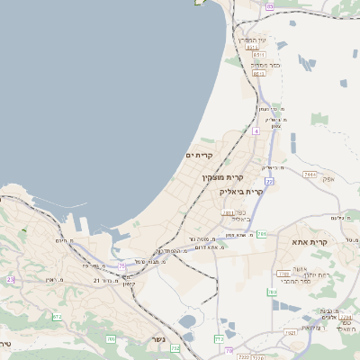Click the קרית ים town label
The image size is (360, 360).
pyautogui.click(x=197, y=156)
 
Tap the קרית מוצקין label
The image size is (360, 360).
pyautogui.click(x=222, y=178)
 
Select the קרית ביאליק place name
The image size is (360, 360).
pyautogui.click(x=242, y=191)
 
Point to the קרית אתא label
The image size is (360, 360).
pyautogui.click(x=335, y=242)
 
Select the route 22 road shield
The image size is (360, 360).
pyautogui.click(x=268, y=182)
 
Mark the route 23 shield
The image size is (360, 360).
pyautogui.click(x=11, y=280)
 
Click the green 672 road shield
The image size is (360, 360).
pyautogui.click(x=57, y=317)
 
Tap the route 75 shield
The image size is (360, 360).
pyautogui.click(x=121, y=265)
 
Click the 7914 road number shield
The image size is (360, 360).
pyautogui.click(x=309, y=174)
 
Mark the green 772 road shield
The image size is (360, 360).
pyautogui.click(x=219, y=338)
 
